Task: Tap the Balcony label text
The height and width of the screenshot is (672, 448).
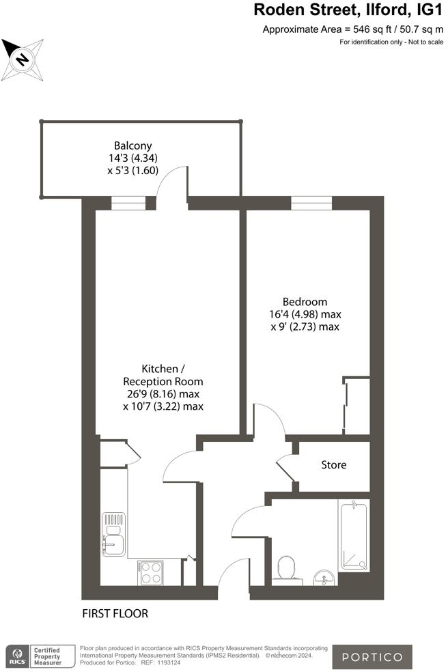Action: [x=132, y=145]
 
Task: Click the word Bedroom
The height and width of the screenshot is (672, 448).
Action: [x=305, y=302]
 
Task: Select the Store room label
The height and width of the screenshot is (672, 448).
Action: [x=334, y=465]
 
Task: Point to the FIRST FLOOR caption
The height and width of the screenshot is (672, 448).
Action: [x=115, y=613]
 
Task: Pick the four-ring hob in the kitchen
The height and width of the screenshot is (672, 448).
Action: [x=150, y=573]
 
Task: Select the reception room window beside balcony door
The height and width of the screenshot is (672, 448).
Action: [x=128, y=203]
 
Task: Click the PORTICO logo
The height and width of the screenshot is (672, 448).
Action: [x=382, y=657]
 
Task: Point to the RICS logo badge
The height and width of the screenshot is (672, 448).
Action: [x=17, y=657]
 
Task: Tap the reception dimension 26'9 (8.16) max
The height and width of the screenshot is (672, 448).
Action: [x=163, y=394]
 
